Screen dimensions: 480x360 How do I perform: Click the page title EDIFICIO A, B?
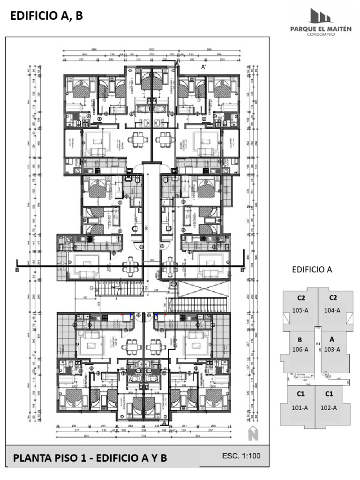46,16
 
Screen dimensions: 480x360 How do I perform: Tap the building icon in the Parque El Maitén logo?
322,16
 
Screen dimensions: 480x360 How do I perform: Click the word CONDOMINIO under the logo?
322,34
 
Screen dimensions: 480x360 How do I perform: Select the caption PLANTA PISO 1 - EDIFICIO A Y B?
90,458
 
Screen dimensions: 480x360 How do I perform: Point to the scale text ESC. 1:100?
241,456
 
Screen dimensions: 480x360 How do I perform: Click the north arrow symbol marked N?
253,434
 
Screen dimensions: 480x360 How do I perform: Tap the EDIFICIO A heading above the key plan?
312,270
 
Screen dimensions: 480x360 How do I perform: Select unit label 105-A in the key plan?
301,310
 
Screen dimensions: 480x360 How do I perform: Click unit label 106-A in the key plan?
300,349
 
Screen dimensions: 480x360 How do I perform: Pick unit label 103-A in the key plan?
332,349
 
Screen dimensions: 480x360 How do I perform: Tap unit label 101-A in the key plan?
300,407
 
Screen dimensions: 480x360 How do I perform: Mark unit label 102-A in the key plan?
329,407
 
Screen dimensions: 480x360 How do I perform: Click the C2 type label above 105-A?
301,298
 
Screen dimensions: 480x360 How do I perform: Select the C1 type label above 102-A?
329,394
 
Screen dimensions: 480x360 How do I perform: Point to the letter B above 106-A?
300,340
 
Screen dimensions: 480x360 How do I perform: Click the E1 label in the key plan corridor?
318,344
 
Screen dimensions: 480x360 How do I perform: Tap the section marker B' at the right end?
243,270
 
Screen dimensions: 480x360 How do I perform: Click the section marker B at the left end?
17,270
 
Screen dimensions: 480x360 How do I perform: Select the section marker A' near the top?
204,67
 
